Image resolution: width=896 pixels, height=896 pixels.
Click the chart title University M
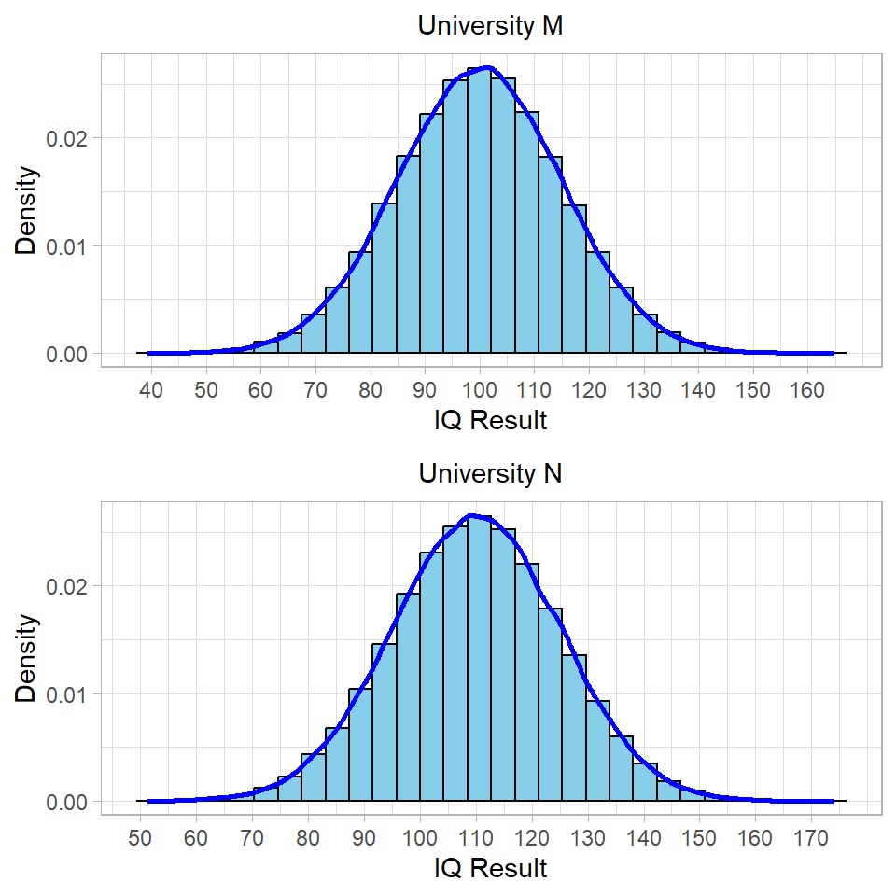pyautogui.click(x=490, y=26)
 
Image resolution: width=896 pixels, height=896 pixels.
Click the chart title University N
pyautogui.click(x=490, y=474)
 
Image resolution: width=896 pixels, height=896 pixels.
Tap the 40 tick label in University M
pyautogui.click(x=151, y=389)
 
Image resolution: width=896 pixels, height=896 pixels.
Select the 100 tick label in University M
pyautogui.click(x=480, y=389)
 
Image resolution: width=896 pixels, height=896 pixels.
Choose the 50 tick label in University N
pyautogui.click(x=140, y=837)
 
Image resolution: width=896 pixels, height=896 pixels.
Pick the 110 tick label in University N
pyautogui.click(x=476, y=837)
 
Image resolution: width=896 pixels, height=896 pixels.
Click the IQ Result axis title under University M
pyautogui.click(x=490, y=421)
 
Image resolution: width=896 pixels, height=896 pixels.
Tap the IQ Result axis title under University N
pyautogui.click(x=490, y=869)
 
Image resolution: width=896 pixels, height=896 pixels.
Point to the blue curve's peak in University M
pyautogui.click(x=485, y=68)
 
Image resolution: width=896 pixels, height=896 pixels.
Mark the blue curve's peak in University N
pyautogui.click(x=472, y=515)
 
